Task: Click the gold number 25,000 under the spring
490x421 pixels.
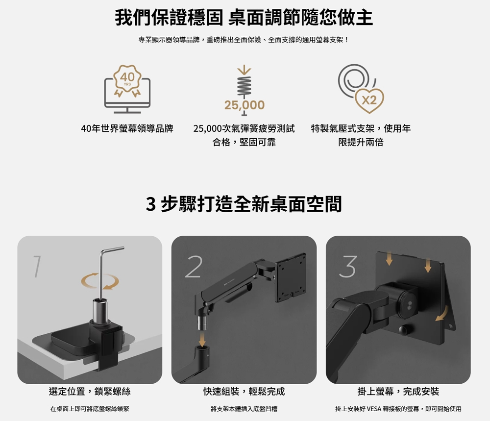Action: [244, 105]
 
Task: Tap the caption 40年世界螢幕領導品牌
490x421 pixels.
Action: [127, 129]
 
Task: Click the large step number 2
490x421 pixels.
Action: [194, 268]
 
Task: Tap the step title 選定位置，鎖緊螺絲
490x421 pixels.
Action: [90, 392]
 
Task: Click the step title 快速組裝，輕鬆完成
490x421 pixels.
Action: [244, 392]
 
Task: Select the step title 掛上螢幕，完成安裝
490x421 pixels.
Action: [398, 392]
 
